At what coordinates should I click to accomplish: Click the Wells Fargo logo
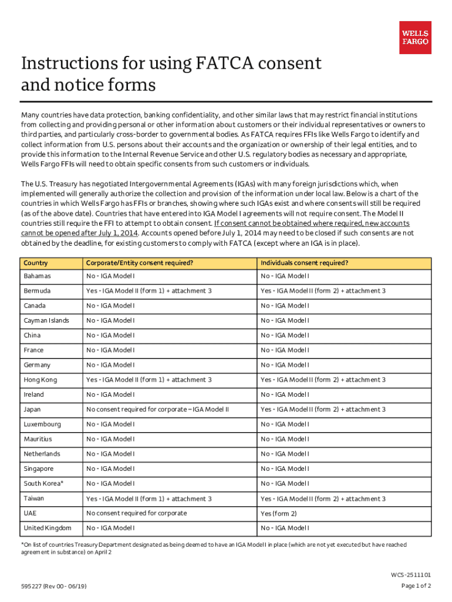(415, 38)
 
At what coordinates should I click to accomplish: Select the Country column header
(36, 263)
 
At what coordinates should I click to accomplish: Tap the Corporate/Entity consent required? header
(140, 263)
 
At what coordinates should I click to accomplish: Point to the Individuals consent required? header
(304, 263)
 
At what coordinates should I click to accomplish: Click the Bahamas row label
(37, 276)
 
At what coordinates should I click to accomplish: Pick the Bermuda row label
(37, 291)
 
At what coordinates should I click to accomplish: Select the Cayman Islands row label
(46, 320)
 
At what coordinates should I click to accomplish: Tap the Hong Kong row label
(41, 380)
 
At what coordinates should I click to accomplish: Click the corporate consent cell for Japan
(157, 409)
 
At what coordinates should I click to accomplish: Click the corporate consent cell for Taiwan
(149, 499)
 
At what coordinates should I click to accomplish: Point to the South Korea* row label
(43, 483)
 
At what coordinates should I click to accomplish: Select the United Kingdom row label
(48, 528)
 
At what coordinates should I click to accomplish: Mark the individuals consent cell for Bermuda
(323, 291)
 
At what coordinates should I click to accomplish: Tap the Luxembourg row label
(42, 424)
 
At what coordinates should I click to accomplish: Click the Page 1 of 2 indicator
(416, 586)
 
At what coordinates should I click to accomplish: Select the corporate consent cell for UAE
(136, 513)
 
